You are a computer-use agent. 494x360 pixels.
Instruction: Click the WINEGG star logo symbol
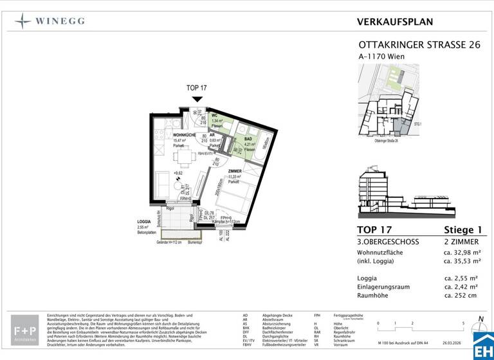[x=23, y=21]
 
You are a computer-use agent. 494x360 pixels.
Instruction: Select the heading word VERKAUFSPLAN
[x=395, y=22]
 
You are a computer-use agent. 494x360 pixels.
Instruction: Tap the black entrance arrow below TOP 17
[x=197, y=98]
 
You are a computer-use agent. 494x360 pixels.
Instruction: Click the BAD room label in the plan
[x=248, y=139]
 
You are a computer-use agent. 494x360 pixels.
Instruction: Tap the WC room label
[x=215, y=114]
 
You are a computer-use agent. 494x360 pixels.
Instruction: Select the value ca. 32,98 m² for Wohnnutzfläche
[x=462, y=252]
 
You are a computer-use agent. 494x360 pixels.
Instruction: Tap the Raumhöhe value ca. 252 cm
[x=462, y=295]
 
